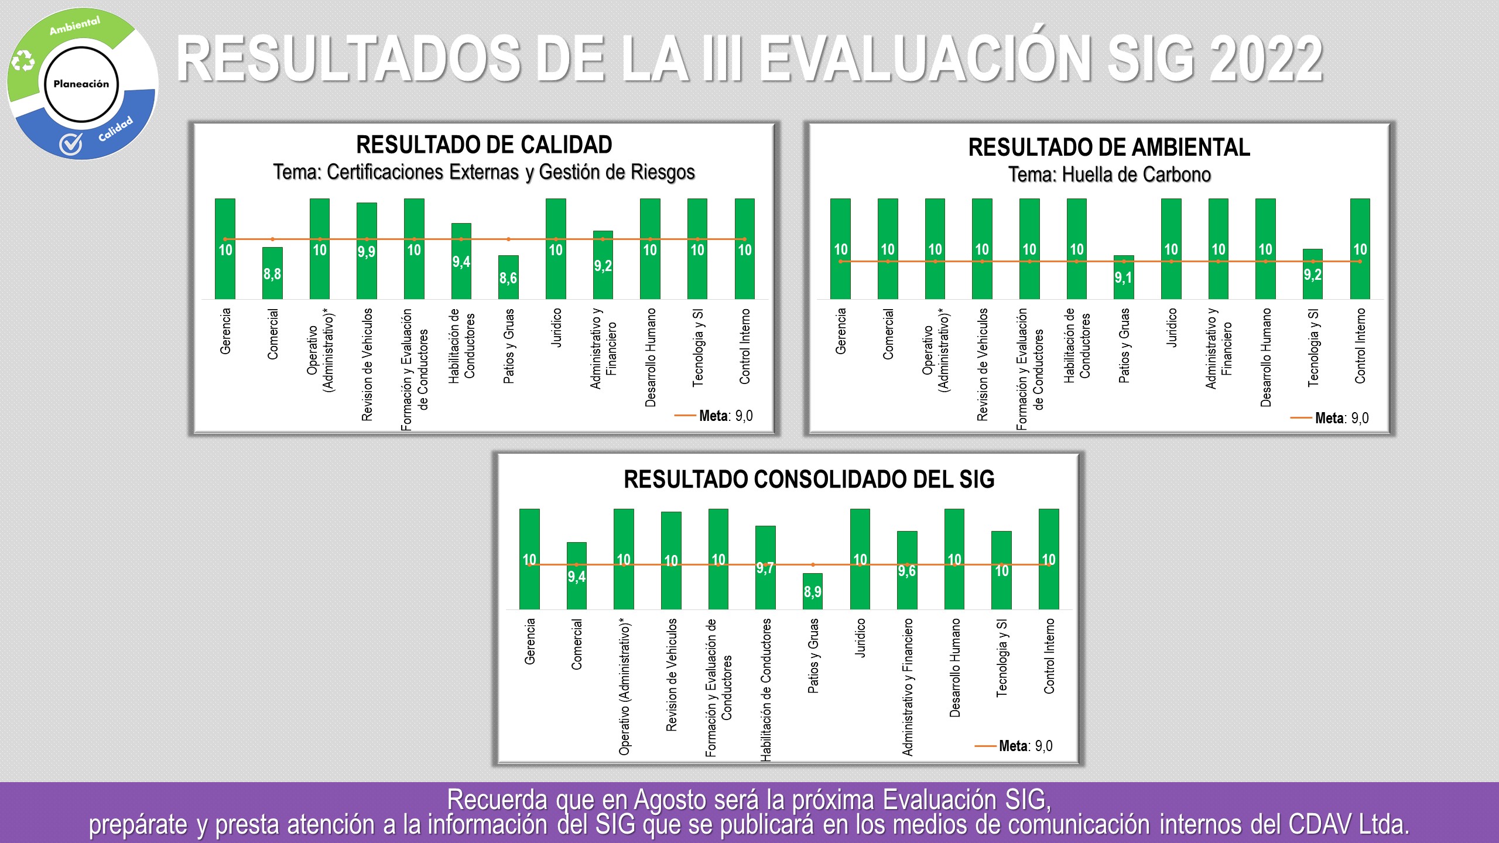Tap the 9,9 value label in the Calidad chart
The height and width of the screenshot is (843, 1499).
pos(367,252)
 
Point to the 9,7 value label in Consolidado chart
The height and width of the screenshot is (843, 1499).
pos(765,568)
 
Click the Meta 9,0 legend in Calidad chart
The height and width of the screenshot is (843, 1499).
pos(714,416)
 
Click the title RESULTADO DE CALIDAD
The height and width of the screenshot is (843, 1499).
pos(484,145)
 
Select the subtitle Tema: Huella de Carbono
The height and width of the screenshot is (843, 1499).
pos(1109,174)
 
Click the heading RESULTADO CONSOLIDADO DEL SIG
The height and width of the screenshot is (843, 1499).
pos(809,479)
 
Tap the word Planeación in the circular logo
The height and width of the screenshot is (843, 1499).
pos(81,84)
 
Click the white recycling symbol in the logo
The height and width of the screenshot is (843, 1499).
pos(23,60)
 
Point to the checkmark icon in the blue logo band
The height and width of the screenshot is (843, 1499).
pos(71,144)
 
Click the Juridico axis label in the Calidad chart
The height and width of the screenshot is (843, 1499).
pos(556,328)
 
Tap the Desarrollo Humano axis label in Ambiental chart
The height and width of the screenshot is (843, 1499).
pos(1266,357)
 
